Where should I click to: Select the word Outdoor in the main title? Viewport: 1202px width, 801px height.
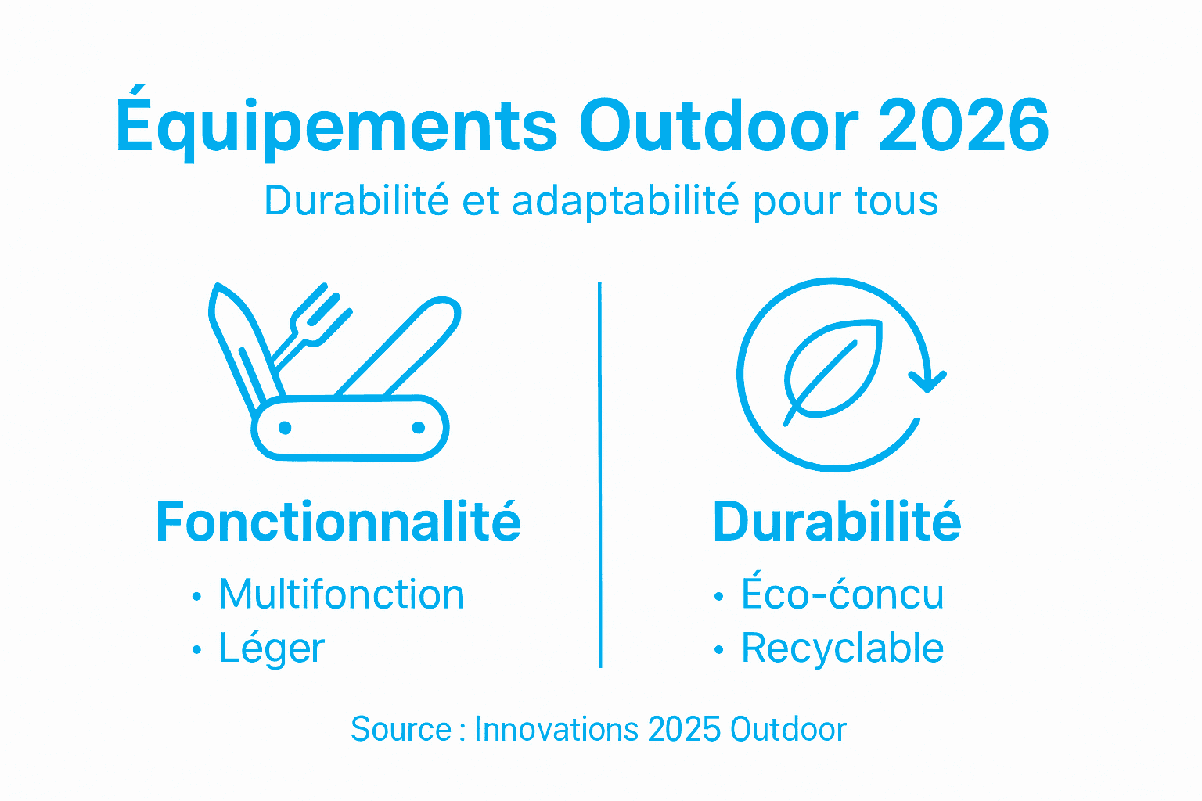[718, 125]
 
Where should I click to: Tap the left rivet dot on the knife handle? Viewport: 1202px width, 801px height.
[285, 428]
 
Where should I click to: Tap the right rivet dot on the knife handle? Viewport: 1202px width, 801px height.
[418, 427]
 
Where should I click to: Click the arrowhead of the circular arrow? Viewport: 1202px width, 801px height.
[928, 382]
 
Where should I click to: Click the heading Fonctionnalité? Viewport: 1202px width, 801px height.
[338, 522]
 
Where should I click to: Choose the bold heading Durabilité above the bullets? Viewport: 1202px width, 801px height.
[837, 522]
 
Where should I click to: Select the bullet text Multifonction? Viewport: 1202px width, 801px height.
[341, 594]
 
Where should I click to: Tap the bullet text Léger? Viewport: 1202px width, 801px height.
[272, 648]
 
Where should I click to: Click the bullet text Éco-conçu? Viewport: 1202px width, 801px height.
[842, 594]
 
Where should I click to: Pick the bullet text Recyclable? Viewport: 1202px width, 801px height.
[842, 648]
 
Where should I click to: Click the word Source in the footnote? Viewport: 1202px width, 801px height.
[401, 730]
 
